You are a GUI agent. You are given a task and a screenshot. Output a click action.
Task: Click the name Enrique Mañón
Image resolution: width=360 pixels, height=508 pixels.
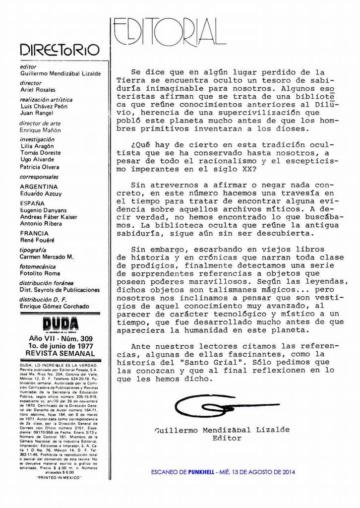[41, 130]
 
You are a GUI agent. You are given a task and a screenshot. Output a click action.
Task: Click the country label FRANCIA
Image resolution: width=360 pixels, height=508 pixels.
[35, 233]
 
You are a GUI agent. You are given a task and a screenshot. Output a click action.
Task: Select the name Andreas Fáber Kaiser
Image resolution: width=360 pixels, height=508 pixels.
[49, 217]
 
